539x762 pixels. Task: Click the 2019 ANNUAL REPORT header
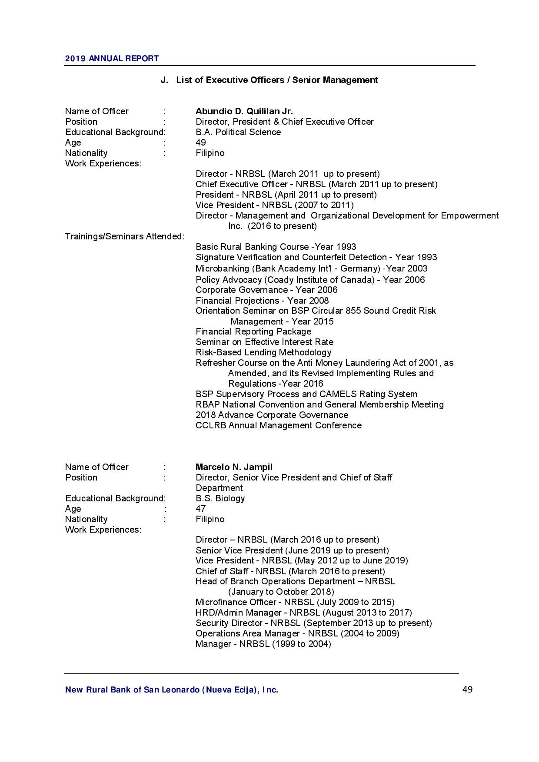pos(112,59)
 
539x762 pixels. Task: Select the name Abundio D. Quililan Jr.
pos(244,111)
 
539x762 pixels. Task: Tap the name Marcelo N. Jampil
pos(234,467)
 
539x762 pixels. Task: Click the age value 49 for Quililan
pos(200,142)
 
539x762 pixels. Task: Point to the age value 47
pos(200,509)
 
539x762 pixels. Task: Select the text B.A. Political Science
pos(238,132)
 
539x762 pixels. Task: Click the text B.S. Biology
pos(220,498)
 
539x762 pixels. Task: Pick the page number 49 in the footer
pos(467,689)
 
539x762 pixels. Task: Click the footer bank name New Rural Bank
pos(171,690)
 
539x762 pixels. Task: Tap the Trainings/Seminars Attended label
pos(124,236)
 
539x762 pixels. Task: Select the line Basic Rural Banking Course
pos(276,247)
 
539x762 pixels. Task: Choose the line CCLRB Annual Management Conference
pos(278,425)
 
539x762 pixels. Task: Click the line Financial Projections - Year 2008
pos(262,301)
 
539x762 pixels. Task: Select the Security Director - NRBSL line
pos(313,623)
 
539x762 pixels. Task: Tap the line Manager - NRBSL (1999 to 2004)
pos(263,644)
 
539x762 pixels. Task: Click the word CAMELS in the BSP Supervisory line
pos(337,394)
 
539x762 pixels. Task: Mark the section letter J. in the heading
pos(164,80)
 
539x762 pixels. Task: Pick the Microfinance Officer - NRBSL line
pos(295,602)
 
